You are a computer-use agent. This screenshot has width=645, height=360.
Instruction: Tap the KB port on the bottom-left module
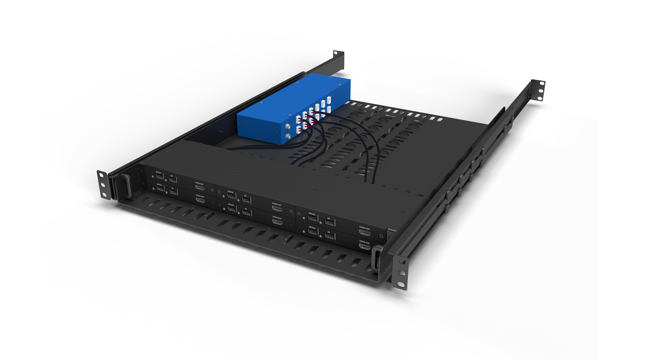click(173, 192)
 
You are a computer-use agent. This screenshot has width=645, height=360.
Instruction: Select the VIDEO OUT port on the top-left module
click(199, 188)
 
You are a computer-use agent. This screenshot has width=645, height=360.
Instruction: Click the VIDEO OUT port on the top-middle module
click(276, 209)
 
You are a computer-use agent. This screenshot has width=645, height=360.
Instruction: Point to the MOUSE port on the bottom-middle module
click(232, 208)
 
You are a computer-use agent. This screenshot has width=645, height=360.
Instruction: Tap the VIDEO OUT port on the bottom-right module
click(364, 246)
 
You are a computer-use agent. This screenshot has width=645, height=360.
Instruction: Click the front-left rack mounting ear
click(104, 184)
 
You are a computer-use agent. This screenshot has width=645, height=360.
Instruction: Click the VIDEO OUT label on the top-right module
click(364, 227)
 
